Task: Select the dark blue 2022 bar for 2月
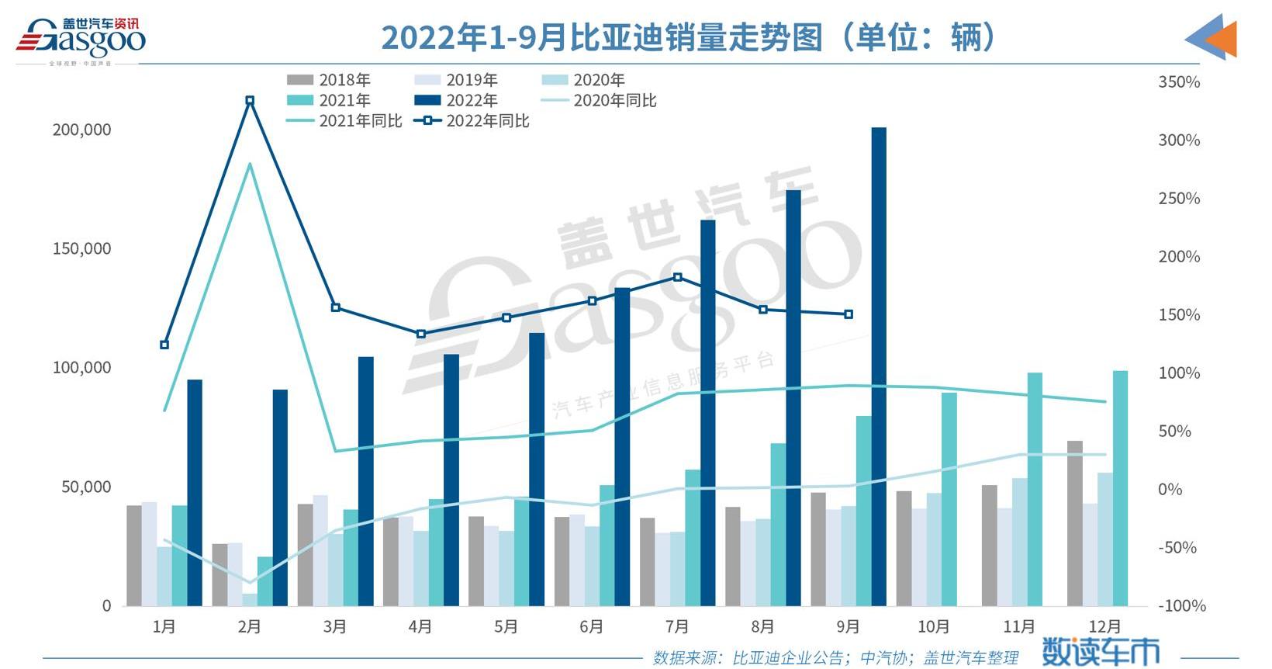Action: tap(280, 497)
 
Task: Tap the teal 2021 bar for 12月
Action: tap(1120, 488)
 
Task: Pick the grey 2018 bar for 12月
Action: tap(1074, 523)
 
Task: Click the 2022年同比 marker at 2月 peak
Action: tap(250, 101)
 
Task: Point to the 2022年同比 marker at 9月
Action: tap(849, 314)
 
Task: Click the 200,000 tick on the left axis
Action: tap(81, 130)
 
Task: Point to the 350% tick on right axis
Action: tap(1178, 82)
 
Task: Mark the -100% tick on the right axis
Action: tap(1181, 606)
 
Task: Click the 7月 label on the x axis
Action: tap(677, 626)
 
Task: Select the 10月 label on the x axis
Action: tap(933, 626)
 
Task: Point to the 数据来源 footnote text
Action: tap(835, 658)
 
